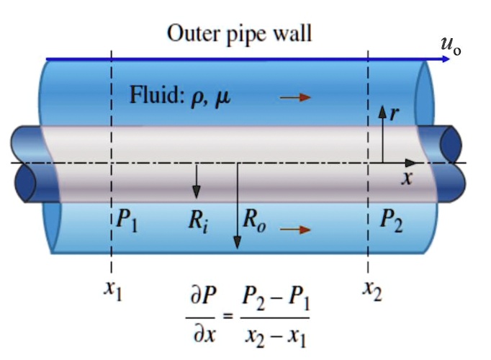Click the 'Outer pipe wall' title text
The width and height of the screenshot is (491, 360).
tap(239, 33)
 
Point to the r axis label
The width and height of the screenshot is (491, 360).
tap(394, 112)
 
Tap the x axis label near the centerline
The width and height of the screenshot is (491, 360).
tap(407, 179)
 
